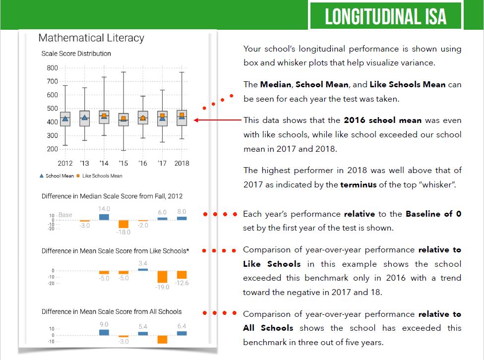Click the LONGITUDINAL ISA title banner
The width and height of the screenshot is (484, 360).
coord(385,16)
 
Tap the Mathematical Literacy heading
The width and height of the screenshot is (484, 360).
coord(91,38)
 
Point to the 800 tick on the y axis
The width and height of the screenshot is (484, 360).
coord(52,68)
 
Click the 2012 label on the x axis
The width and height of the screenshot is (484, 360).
coord(65,163)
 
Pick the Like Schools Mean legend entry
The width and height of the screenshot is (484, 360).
coord(99,176)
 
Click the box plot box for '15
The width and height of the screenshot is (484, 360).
coord(123,119)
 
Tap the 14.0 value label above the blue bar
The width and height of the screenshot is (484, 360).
coord(104,209)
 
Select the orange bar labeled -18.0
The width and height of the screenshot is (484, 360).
coord(123,224)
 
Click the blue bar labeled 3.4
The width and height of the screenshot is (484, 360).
coord(143,269)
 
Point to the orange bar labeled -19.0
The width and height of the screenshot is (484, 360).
coord(162,277)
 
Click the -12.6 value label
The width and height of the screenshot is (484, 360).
coord(181,283)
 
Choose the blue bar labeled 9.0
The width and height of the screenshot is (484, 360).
coord(104,332)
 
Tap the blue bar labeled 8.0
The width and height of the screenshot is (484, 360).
coord(181,218)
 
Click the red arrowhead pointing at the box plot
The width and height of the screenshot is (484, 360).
coord(196,120)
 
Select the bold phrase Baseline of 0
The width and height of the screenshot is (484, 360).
coord(433,214)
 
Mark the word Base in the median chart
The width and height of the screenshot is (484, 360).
coord(65,215)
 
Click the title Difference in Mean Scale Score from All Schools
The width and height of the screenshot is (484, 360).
coord(112,311)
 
